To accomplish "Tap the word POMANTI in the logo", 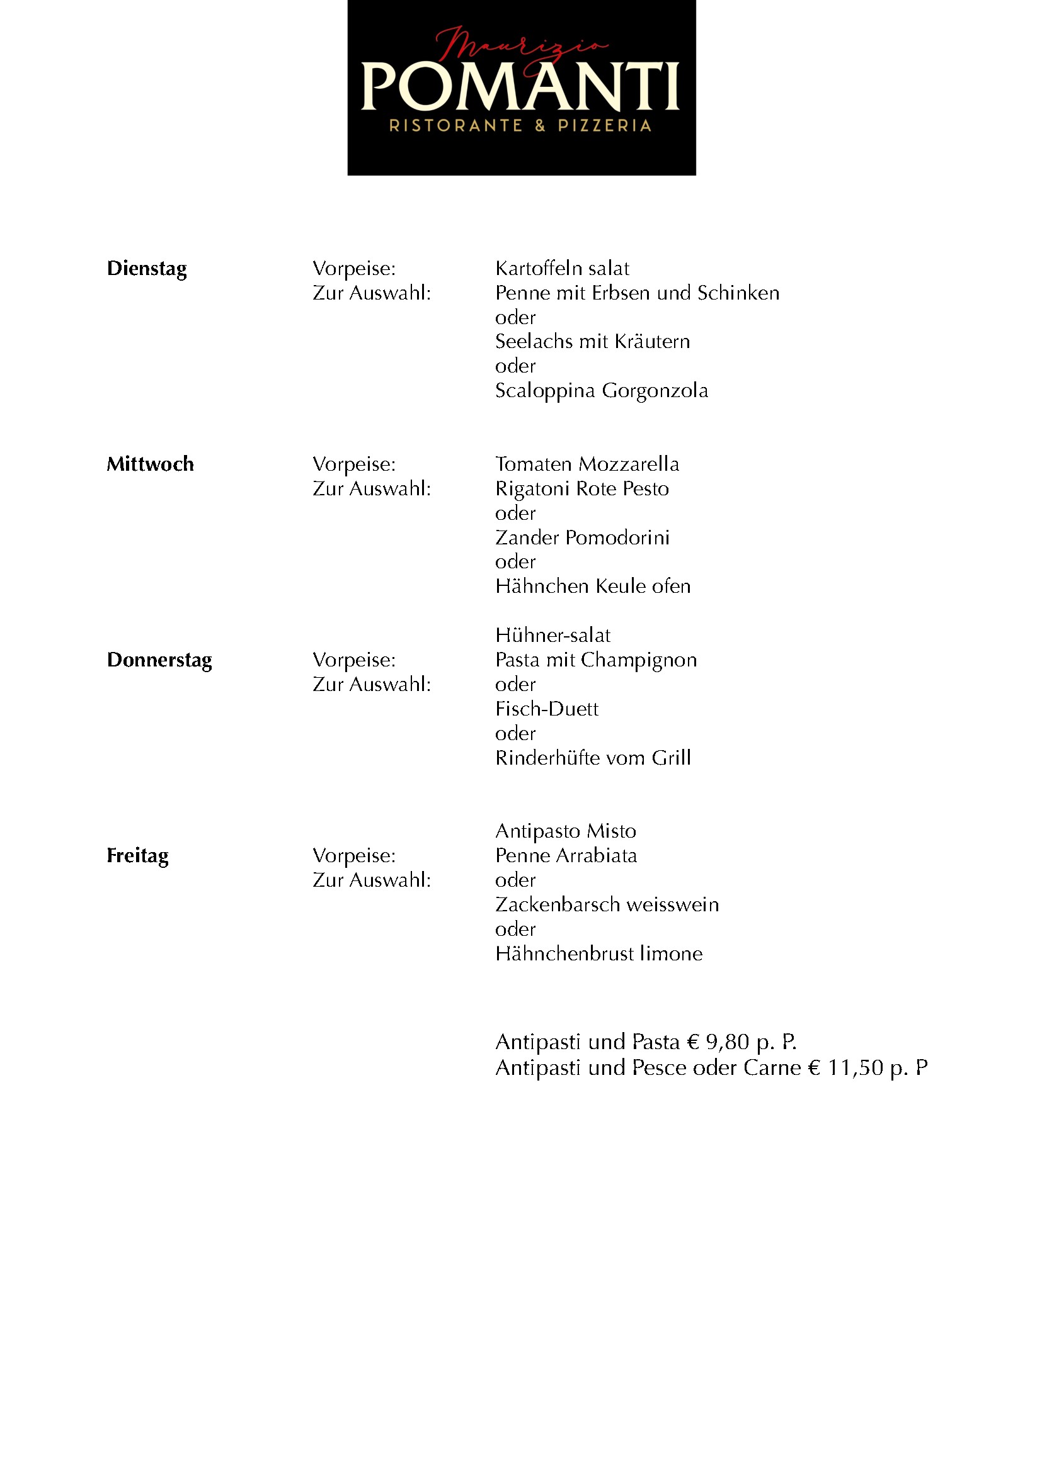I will pyautogui.click(x=520, y=88).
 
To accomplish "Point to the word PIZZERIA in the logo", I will pyautogui.click(x=604, y=126).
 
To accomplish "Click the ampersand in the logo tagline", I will pyautogui.click(x=540, y=126).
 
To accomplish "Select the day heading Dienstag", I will pyautogui.click(x=147, y=269).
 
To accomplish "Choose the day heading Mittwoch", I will pyautogui.click(x=150, y=464).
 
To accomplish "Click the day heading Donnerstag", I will pyautogui.click(x=159, y=660).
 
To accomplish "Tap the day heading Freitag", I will pyautogui.click(x=138, y=856).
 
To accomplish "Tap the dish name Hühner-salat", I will pyautogui.click(x=552, y=636).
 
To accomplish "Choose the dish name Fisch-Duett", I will pyautogui.click(x=547, y=709).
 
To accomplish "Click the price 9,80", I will pyautogui.click(x=727, y=1042).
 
